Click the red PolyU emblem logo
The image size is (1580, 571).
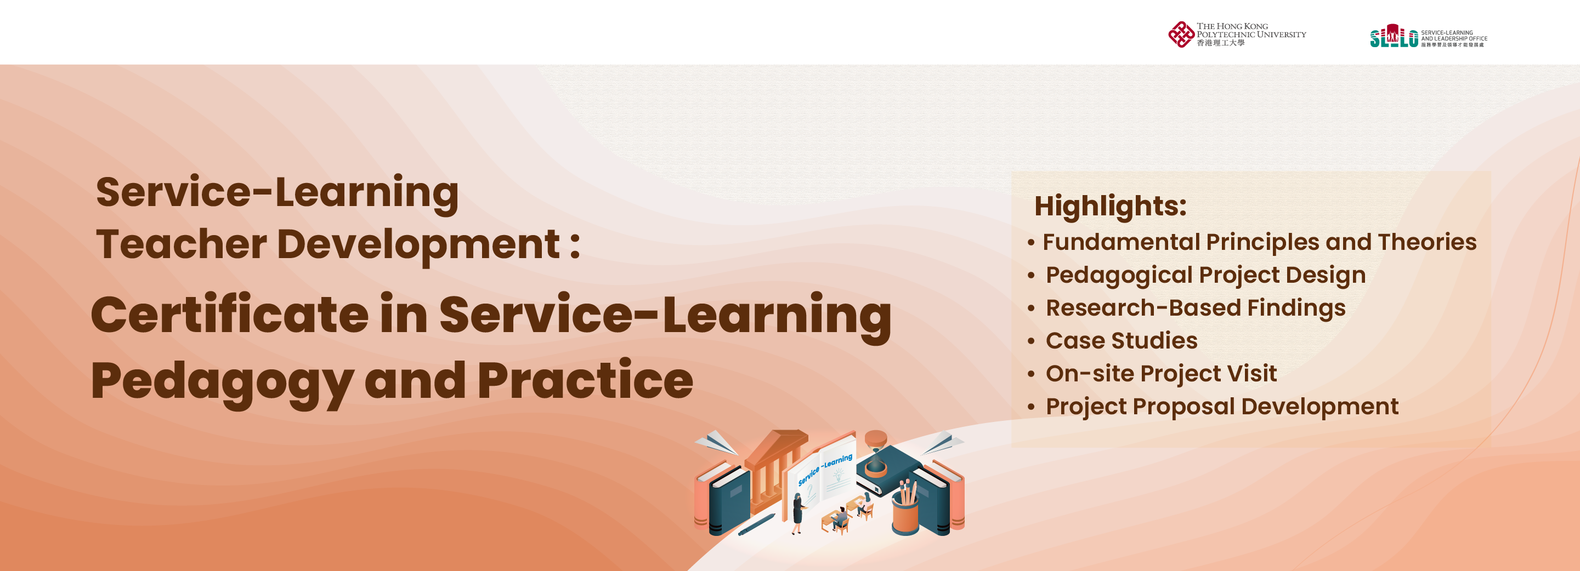[1181, 35]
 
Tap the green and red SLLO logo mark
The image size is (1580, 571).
[1394, 36]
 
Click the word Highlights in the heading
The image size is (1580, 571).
[1110, 206]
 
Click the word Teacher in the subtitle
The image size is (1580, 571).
[182, 244]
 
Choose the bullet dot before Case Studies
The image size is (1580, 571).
[1031, 341]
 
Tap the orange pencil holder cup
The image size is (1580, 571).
[905, 513]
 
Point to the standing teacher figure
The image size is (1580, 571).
[798, 513]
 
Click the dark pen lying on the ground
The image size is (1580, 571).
[756, 524]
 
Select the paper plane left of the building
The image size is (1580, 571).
[716, 442]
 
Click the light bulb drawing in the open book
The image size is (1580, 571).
[838, 474]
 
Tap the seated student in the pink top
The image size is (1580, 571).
[866, 503]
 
